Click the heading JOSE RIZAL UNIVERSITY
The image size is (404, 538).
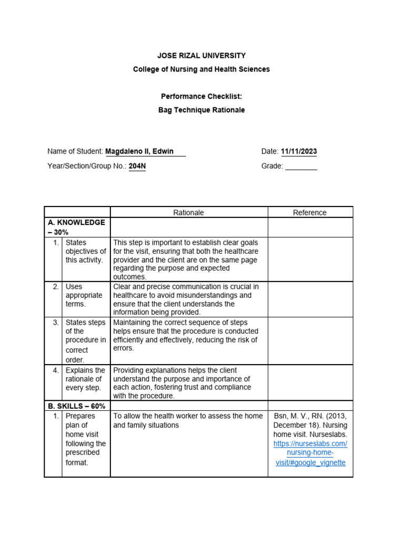[201, 55]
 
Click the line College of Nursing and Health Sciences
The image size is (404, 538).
[201, 69]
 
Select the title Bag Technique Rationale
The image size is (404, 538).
[201, 110]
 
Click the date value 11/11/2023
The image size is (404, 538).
[299, 151]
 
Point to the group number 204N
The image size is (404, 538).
[137, 166]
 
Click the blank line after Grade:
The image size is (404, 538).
[301, 166]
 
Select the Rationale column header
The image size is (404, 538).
[189, 212]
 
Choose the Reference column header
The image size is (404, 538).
[310, 212]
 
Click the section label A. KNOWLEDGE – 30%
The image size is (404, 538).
[77, 227]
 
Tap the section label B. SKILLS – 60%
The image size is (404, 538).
[77, 406]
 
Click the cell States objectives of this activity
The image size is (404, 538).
[85, 251]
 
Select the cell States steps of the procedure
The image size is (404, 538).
[85, 340]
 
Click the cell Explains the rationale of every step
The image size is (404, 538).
[85, 379]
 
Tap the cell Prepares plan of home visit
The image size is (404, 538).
[85, 439]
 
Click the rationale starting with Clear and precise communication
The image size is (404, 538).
[186, 299]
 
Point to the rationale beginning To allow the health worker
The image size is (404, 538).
[188, 420]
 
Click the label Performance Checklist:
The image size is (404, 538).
[201, 96]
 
